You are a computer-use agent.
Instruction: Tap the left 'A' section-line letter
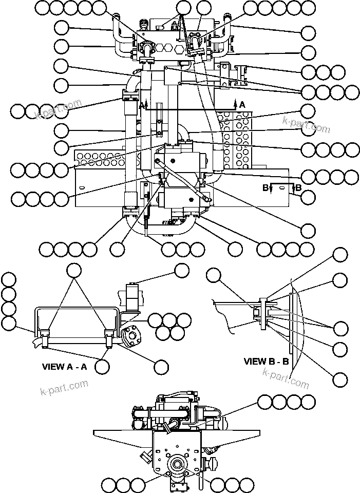coord(141,105)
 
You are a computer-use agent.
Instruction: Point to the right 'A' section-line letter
coord(242,104)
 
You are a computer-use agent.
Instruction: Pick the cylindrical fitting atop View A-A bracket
coord(132,295)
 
